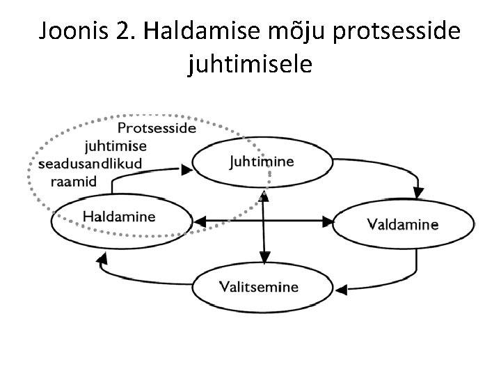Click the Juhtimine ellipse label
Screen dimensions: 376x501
pos(261,162)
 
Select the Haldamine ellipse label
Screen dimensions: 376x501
pos(120,217)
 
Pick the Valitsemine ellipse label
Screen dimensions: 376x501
pos(259,286)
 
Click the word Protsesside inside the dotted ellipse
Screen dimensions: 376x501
pos(157,128)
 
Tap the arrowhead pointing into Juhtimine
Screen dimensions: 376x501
pos(187,169)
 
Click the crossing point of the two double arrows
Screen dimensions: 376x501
pos(264,222)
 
